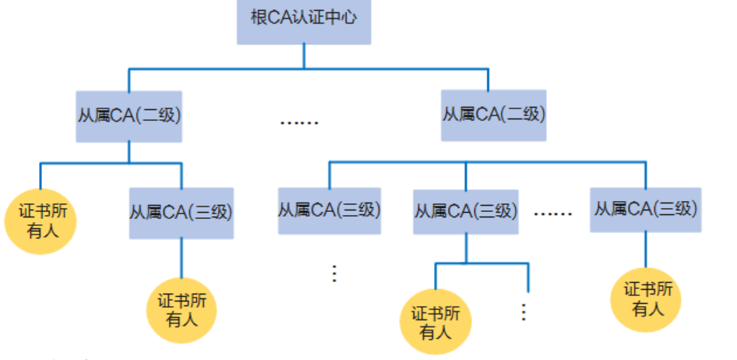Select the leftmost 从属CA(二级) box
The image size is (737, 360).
[129, 115]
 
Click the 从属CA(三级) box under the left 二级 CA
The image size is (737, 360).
[181, 212]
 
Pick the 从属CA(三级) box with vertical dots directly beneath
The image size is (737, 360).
[330, 210]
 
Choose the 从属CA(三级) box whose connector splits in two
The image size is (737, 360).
[466, 210]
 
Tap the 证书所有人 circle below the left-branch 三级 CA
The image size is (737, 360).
[182, 310]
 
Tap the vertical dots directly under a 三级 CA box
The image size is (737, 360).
[334, 274]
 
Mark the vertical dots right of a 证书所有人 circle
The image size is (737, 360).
[524, 312]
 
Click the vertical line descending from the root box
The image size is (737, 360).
[304, 56]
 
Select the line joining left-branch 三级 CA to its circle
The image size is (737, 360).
[182, 258]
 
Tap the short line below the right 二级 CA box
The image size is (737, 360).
[466, 151]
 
